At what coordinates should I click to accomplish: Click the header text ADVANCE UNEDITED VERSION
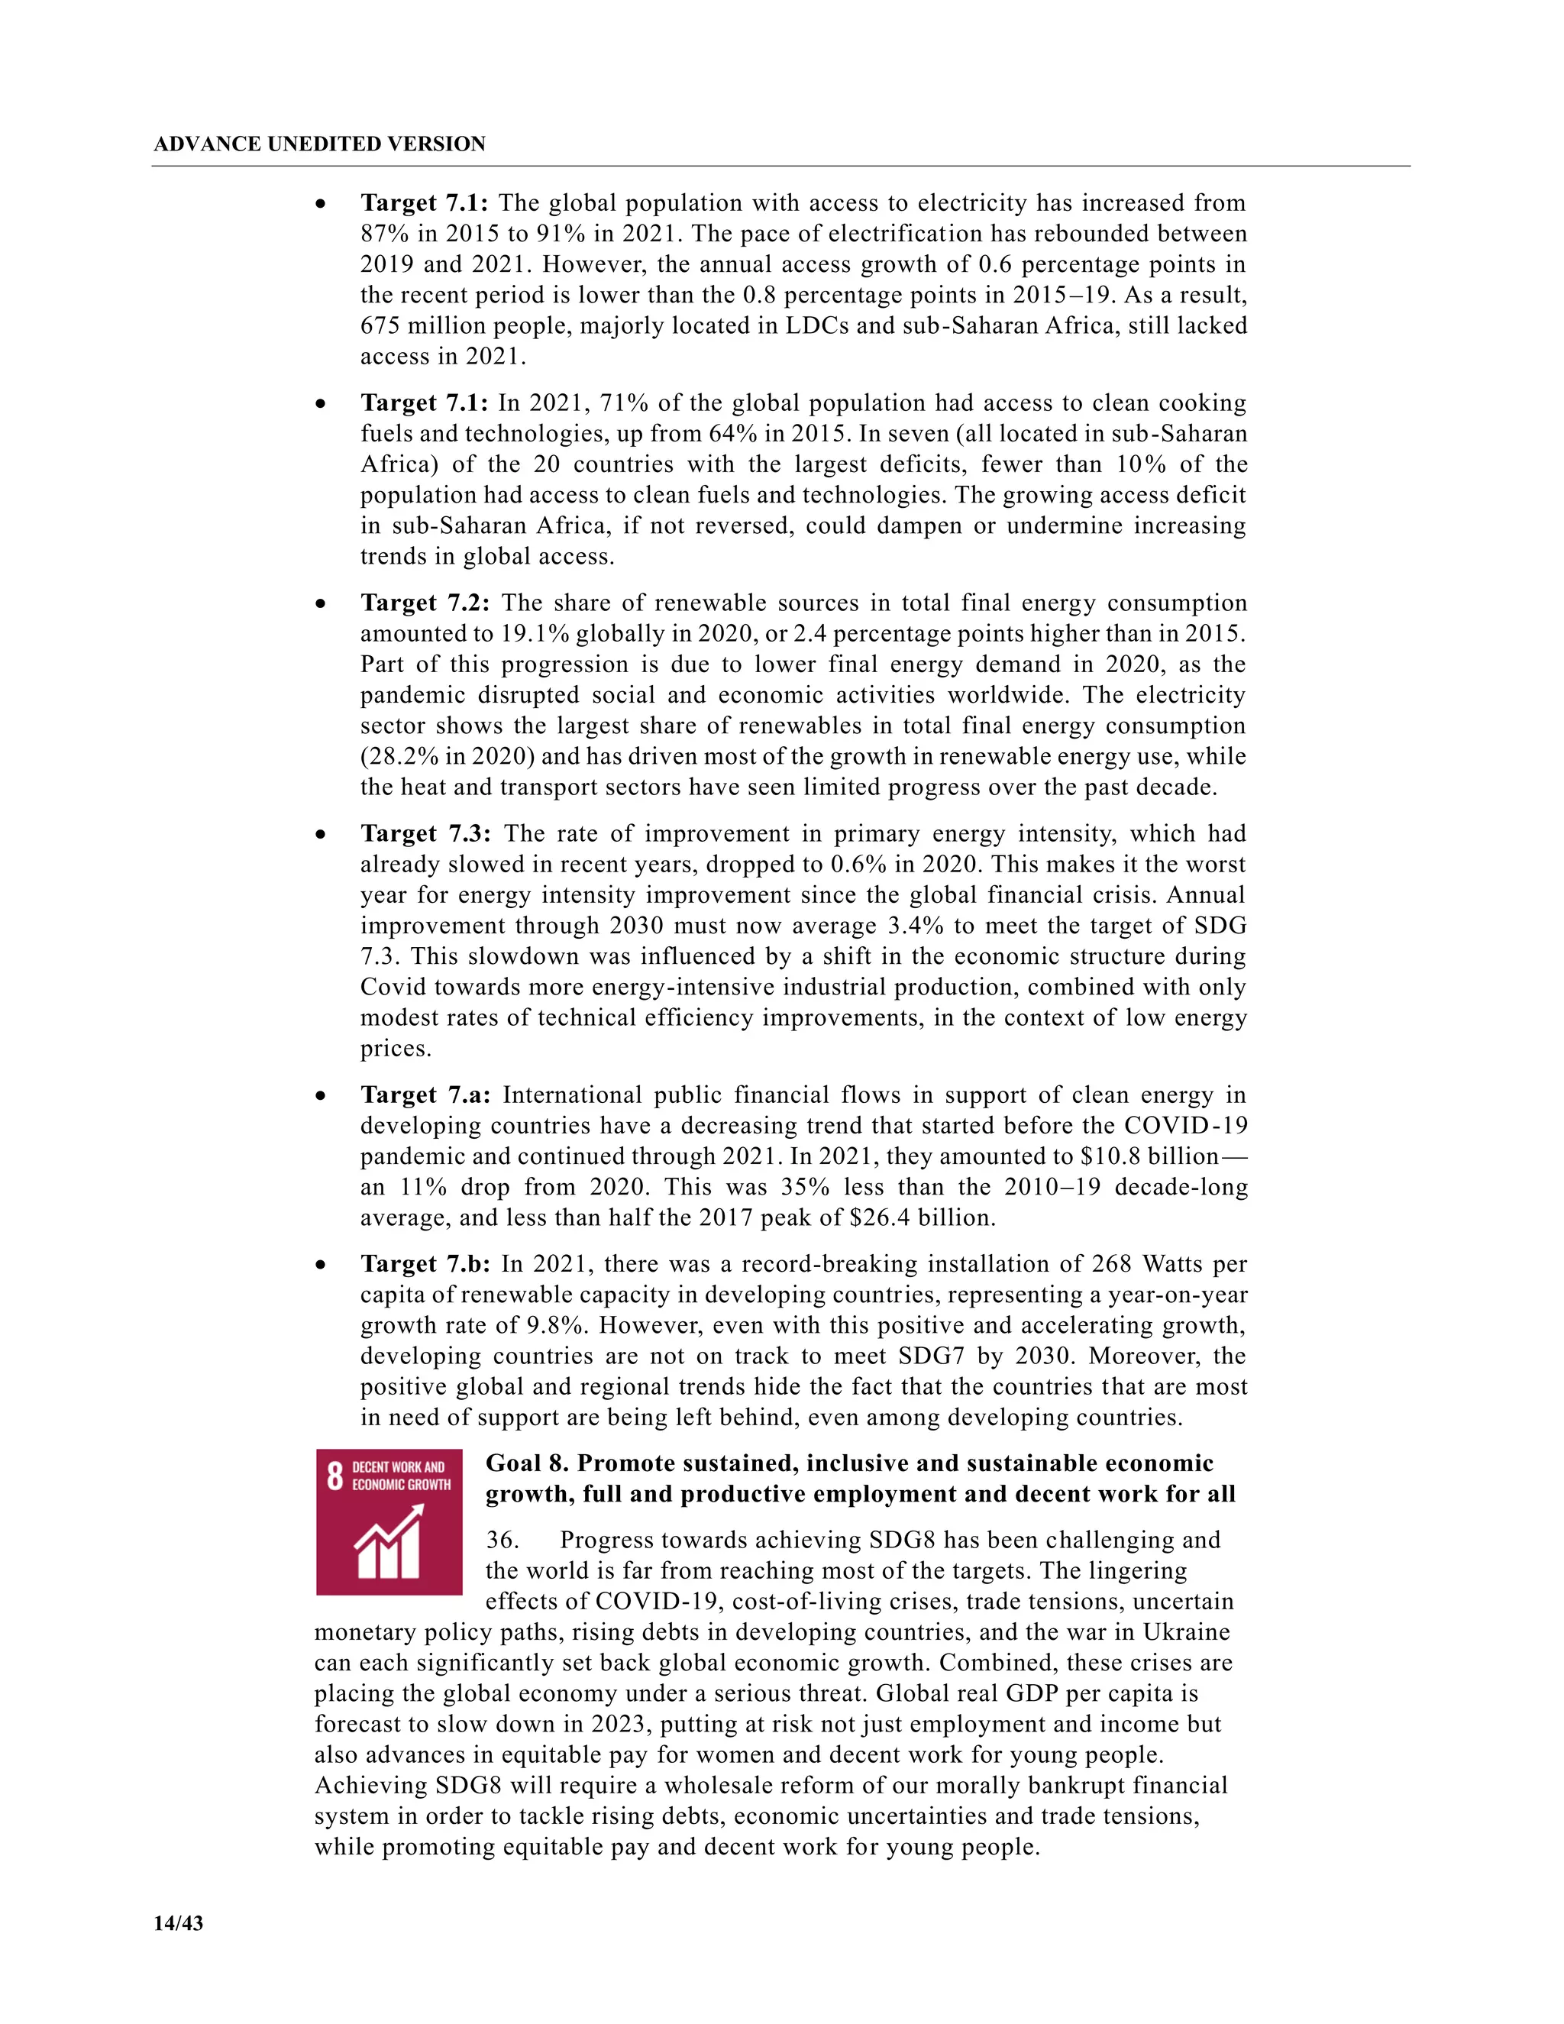(320, 144)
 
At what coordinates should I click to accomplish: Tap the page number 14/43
(178, 1923)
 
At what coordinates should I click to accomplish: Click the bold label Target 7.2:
(425, 603)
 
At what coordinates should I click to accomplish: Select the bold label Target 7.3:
(425, 834)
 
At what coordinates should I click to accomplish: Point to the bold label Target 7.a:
(425, 1095)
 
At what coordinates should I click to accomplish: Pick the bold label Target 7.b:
(425, 1264)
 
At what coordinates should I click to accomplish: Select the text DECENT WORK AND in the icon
(399, 1468)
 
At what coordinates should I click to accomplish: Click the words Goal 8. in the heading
(526, 1463)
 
